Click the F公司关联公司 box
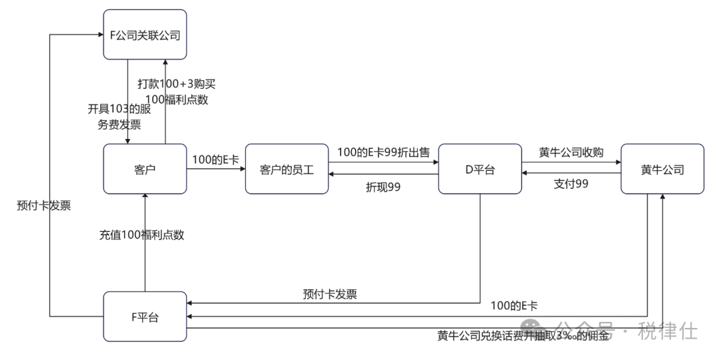145,35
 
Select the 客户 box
145,170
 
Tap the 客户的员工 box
287,170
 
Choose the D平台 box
480,170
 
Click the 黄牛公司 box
662,170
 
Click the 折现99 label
383,186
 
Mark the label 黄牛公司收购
571,153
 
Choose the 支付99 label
571,184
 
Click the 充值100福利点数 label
142,234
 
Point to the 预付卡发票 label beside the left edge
43,206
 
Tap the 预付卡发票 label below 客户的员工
329,294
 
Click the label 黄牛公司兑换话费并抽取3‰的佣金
523,336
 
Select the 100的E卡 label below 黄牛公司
514,306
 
